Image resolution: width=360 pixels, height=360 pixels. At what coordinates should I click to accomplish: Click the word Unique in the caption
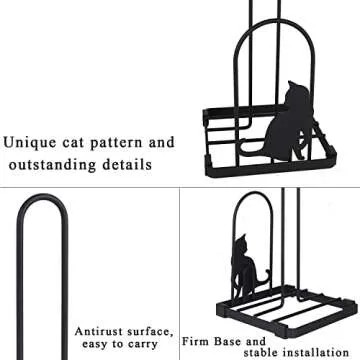[30, 143]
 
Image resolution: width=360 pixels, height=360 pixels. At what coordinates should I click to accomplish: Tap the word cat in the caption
[73, 143]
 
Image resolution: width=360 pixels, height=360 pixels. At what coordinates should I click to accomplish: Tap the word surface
[150, 332]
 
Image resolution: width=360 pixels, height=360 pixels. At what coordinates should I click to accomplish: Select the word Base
[228, 342]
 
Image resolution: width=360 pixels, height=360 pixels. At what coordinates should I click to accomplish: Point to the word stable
[261, 352]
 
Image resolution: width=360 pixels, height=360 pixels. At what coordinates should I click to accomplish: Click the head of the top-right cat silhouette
[297, 92]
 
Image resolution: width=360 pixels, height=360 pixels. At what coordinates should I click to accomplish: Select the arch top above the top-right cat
[274, 22]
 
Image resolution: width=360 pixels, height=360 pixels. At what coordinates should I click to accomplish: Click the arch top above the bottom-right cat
[252, 193]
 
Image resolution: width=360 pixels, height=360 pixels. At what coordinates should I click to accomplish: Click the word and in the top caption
[162, 143]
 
